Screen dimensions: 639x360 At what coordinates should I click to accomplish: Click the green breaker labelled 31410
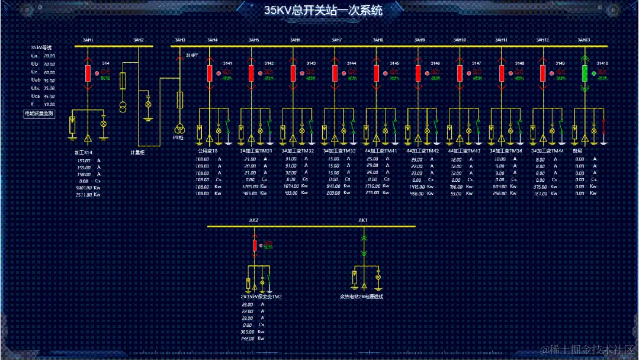(x=585, y=73)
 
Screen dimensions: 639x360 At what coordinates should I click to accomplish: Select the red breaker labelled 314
(x=88, y=73)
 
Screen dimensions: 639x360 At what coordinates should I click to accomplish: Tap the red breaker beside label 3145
(x=376, y=73)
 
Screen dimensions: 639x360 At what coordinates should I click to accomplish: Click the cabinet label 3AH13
(x=583, y=40)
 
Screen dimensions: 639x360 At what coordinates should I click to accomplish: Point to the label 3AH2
(x=138, y=40)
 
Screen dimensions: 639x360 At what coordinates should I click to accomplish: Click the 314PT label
(x=192, y=55)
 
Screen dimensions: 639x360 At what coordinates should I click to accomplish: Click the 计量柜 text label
(x=137, y=152)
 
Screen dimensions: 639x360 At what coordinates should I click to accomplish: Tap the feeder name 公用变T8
(x=207, y=151)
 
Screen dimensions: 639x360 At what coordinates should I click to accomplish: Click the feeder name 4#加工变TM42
(x=422, y=151)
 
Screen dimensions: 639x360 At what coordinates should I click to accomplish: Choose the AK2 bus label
(x=253, y=220)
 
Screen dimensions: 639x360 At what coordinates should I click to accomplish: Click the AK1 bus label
(x=363, y=220)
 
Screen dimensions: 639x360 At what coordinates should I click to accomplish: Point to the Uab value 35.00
(x=49, y=79)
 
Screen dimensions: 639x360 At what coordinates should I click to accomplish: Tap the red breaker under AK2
(x=255, y=245)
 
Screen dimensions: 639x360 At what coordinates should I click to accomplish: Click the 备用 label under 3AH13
(x=577, y=151)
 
